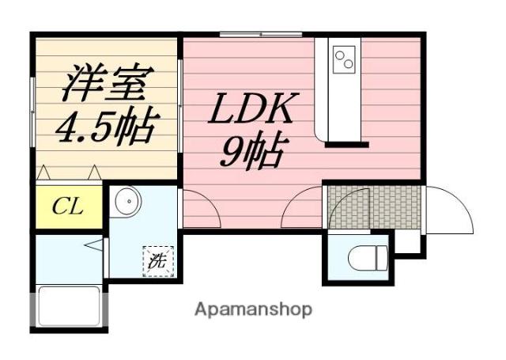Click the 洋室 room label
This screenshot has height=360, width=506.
105,82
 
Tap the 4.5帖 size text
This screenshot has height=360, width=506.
105,125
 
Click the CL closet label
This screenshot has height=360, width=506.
68,207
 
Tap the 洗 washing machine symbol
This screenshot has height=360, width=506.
158,261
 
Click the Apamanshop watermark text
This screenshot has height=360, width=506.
253,309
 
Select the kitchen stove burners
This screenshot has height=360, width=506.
345,58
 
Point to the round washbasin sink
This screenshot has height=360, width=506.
124,203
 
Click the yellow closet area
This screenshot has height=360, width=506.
68,207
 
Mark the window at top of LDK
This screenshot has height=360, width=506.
261,34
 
